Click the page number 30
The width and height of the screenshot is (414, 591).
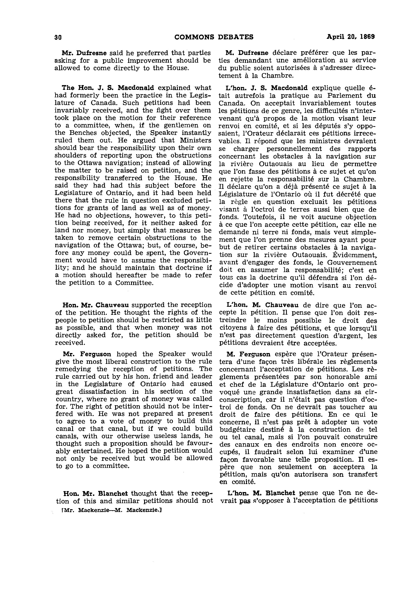[x=58, y=37]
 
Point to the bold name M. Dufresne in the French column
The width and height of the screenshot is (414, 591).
[x=247, y=53]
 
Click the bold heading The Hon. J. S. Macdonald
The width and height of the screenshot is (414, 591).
[x=108, y=88]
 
